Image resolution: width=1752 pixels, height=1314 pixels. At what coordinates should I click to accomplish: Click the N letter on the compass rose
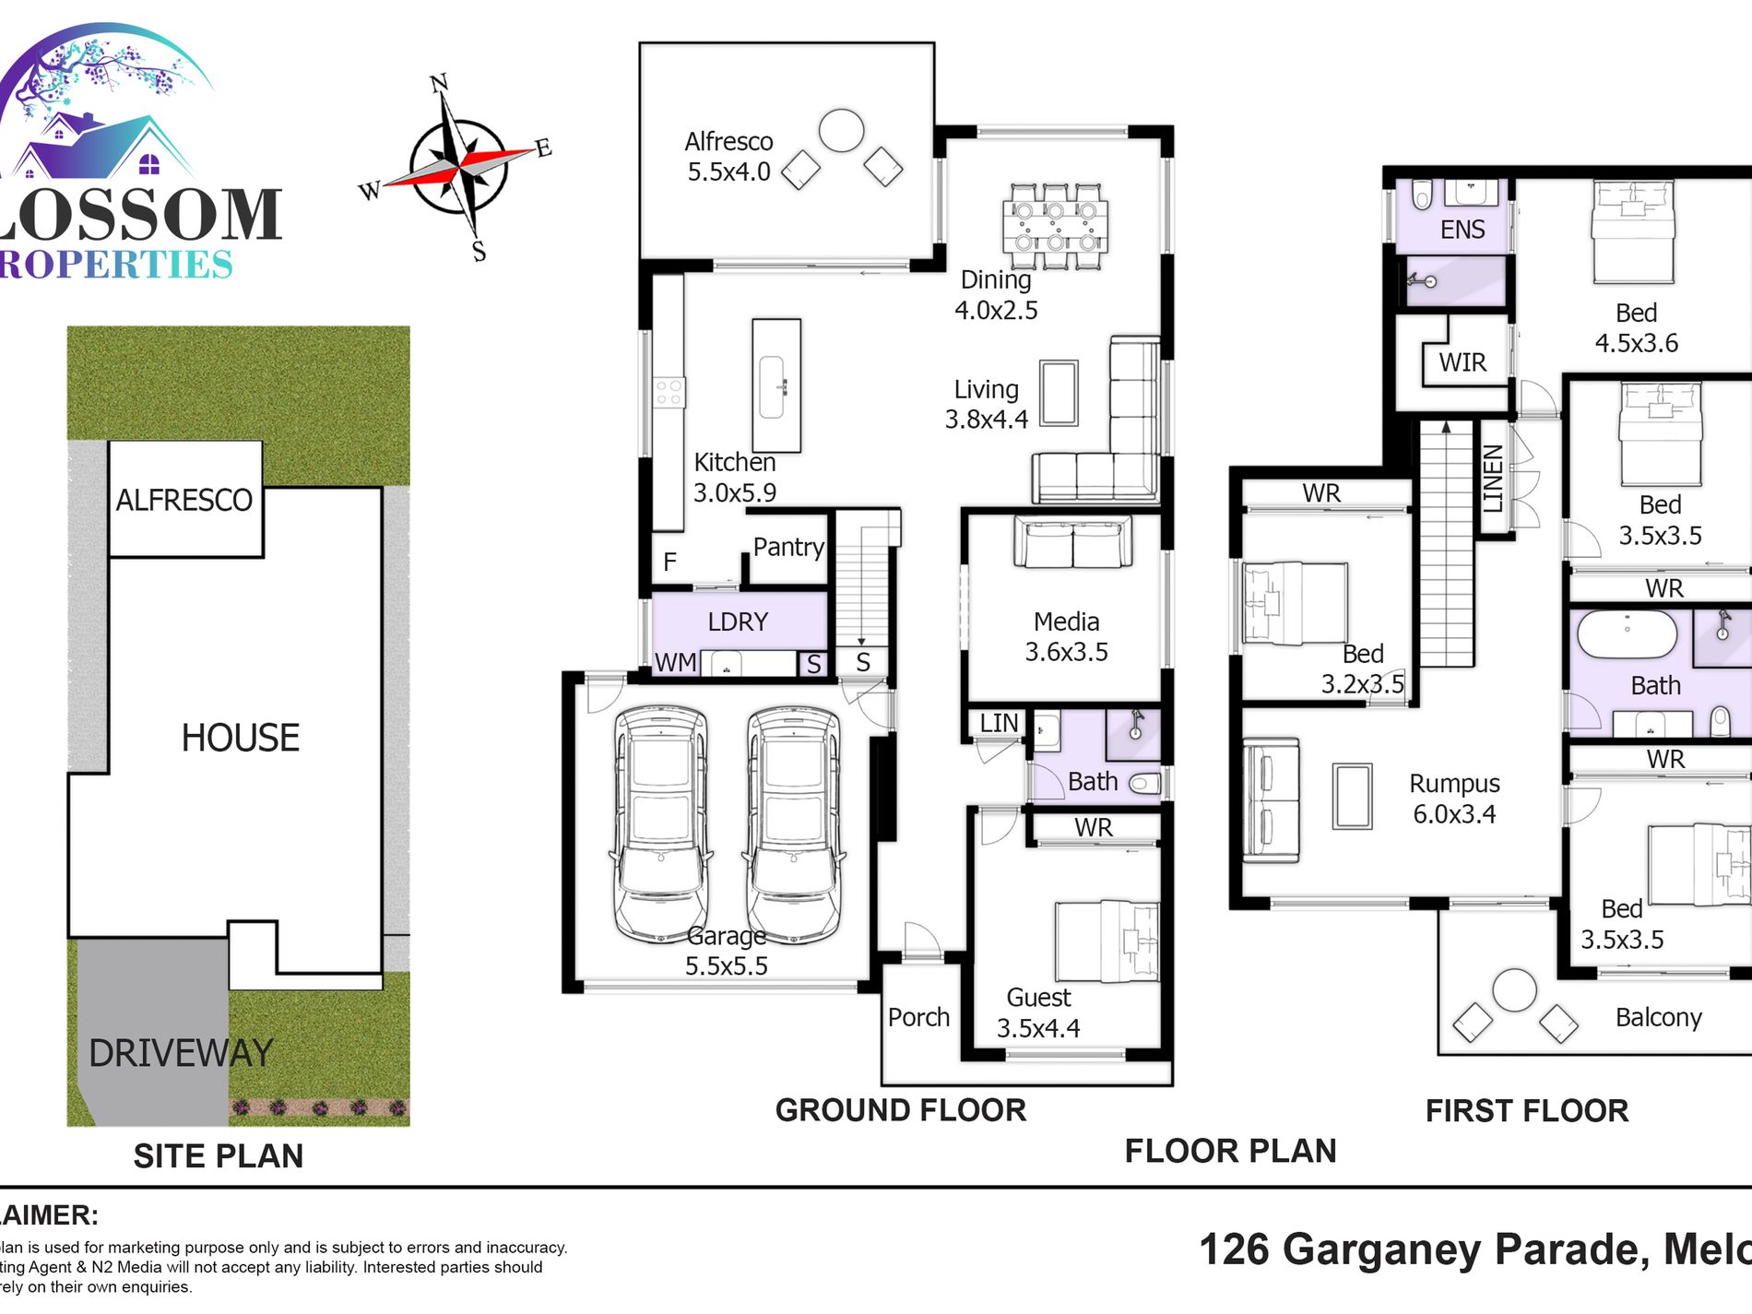(x=439, y=84)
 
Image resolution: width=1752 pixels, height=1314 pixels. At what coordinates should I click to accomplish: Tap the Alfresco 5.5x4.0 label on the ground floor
(x=728, y=157)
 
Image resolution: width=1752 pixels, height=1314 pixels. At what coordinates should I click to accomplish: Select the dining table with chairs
(x=1055, y=226)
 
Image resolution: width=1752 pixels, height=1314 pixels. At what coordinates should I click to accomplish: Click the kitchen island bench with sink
(x=775, y=385)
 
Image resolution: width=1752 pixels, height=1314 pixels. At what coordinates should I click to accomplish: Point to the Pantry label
(x=787, y=547)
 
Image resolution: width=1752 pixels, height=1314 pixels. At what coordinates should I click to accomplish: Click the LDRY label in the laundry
(x=738, y=621)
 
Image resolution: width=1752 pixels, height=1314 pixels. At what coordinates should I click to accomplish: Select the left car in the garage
(x=660, y=823)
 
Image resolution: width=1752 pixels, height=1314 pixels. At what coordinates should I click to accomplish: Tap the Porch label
(x=918, y=1017)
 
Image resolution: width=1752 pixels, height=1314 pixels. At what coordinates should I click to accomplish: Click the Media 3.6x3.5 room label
(x=1066, y=636)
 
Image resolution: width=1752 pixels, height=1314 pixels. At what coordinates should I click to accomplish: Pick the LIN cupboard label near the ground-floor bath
(x=999, y=723)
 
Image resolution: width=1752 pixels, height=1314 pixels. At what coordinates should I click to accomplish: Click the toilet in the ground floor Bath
(x=1145, y=784)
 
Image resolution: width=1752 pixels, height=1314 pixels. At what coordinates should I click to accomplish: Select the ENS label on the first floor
(x=1462, y=230)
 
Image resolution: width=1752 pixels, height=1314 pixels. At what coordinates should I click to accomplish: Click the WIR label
(x=1462, y=362)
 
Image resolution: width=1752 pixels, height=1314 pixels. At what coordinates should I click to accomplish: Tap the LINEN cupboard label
(x=1493, y=479)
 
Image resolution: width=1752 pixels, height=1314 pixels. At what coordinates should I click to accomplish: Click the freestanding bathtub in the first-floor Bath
(x=1628, y=633)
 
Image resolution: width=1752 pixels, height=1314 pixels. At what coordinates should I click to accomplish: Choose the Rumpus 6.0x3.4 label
(x=1454, y=799)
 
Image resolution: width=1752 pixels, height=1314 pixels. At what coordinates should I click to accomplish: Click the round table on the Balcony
(x=1514, y=991)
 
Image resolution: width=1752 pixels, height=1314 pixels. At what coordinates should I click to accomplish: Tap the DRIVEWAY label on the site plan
(x=181, y=1053)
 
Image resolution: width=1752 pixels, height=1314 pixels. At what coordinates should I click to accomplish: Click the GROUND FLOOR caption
(x=900, y=1110)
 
